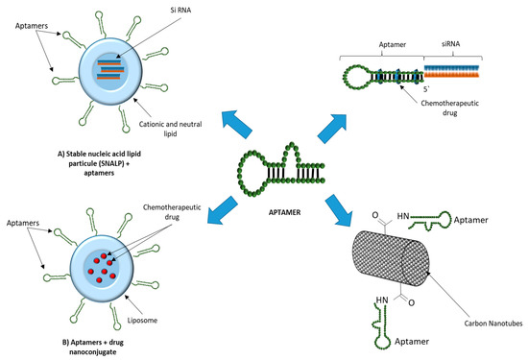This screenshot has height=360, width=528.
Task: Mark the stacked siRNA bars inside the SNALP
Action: coord(111,69)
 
